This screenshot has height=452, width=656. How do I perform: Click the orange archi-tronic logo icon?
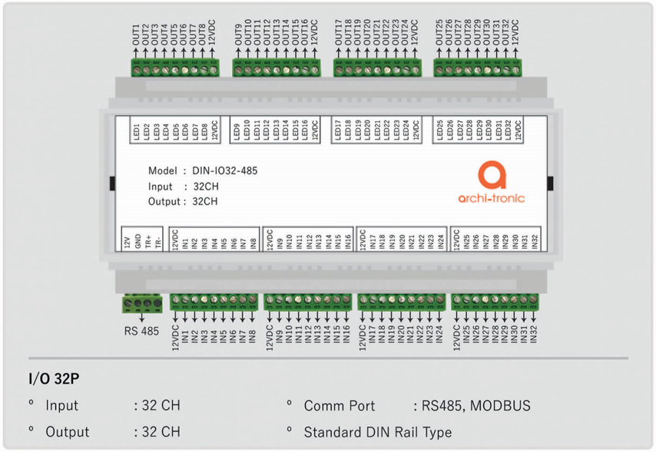point(492,175)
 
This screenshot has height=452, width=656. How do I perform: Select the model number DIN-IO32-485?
point(224,170)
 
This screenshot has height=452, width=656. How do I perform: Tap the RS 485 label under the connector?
point(142,332)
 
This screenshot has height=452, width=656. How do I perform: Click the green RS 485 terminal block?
point(142,304)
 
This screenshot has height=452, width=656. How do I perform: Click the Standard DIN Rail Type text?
point(377,432)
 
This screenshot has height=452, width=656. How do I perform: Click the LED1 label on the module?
point(136,130)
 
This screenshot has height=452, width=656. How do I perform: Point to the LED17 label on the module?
point(338,130)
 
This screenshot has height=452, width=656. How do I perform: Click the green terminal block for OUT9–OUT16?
point(277,68)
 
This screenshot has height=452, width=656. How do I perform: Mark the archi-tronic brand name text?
point(492,198)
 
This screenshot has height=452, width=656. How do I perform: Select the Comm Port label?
point(340,406)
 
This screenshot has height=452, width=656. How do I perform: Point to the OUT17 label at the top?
point(338,35)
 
